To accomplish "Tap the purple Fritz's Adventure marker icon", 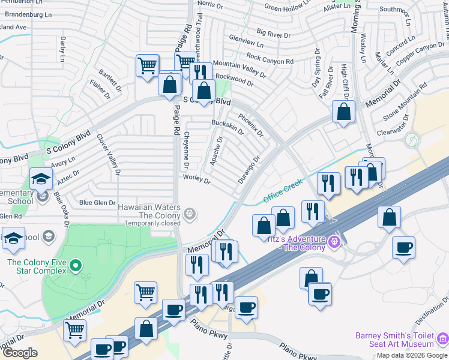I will (x=334, y=243).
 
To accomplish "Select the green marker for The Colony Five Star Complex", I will (x=75, y=265).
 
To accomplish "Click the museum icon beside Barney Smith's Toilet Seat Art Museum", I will (x=442, y=339).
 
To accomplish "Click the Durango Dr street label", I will (x=249, y=170).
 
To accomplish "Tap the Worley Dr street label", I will (x=197, y=179).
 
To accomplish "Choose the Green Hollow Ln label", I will (x=285, y=8).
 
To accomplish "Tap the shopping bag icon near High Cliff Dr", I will (x=343, y=111).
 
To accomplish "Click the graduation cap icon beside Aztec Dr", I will (x=41, y=178).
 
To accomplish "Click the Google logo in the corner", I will (x=20, y=352).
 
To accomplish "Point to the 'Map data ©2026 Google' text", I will (x=412, y=355).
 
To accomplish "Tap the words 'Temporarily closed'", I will (x=152, y=223).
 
